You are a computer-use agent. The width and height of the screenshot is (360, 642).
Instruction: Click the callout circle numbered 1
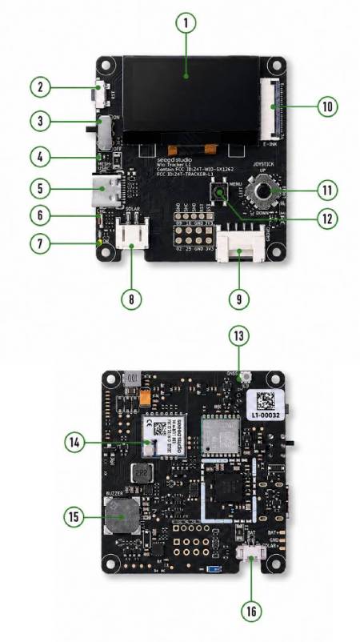coord(185,23)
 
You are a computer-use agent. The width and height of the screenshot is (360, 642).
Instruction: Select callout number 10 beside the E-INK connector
coord(326,106)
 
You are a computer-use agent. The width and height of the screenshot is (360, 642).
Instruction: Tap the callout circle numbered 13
coord(237,335)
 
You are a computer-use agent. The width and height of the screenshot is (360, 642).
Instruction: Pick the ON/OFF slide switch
coord(105,130)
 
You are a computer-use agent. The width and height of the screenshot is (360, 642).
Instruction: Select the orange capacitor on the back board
coord(145,395)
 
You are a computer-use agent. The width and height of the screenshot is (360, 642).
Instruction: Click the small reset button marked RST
coord(102,94)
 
